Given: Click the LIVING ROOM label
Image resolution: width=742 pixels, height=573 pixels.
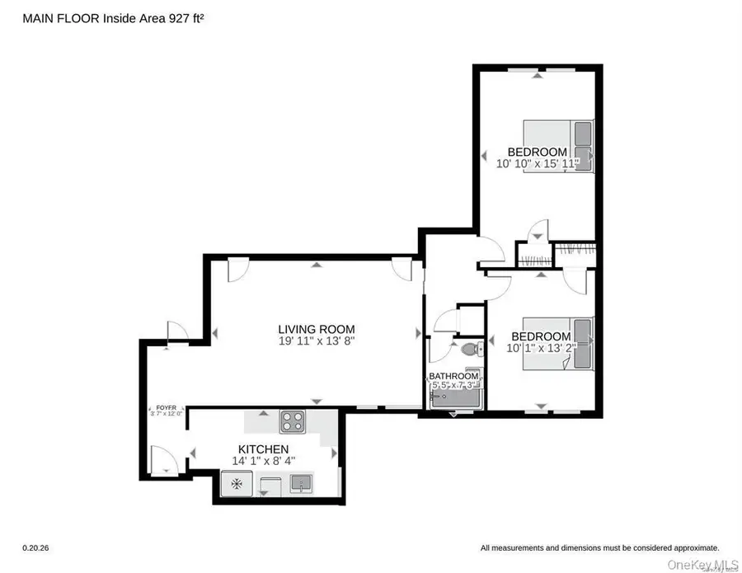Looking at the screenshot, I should coord(316,328).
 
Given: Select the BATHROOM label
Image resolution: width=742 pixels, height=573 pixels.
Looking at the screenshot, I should coord(453,376).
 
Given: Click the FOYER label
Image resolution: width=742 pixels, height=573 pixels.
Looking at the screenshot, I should coord(166,407).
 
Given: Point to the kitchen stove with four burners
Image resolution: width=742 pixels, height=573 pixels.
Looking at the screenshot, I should coord(293,422).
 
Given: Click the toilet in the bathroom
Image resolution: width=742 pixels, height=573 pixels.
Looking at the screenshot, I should coord(471,350).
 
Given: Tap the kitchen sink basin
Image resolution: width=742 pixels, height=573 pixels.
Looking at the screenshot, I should coord(301,481).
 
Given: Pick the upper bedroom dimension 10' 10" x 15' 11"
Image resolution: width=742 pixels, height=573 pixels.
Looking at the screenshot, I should coord(538,164).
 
